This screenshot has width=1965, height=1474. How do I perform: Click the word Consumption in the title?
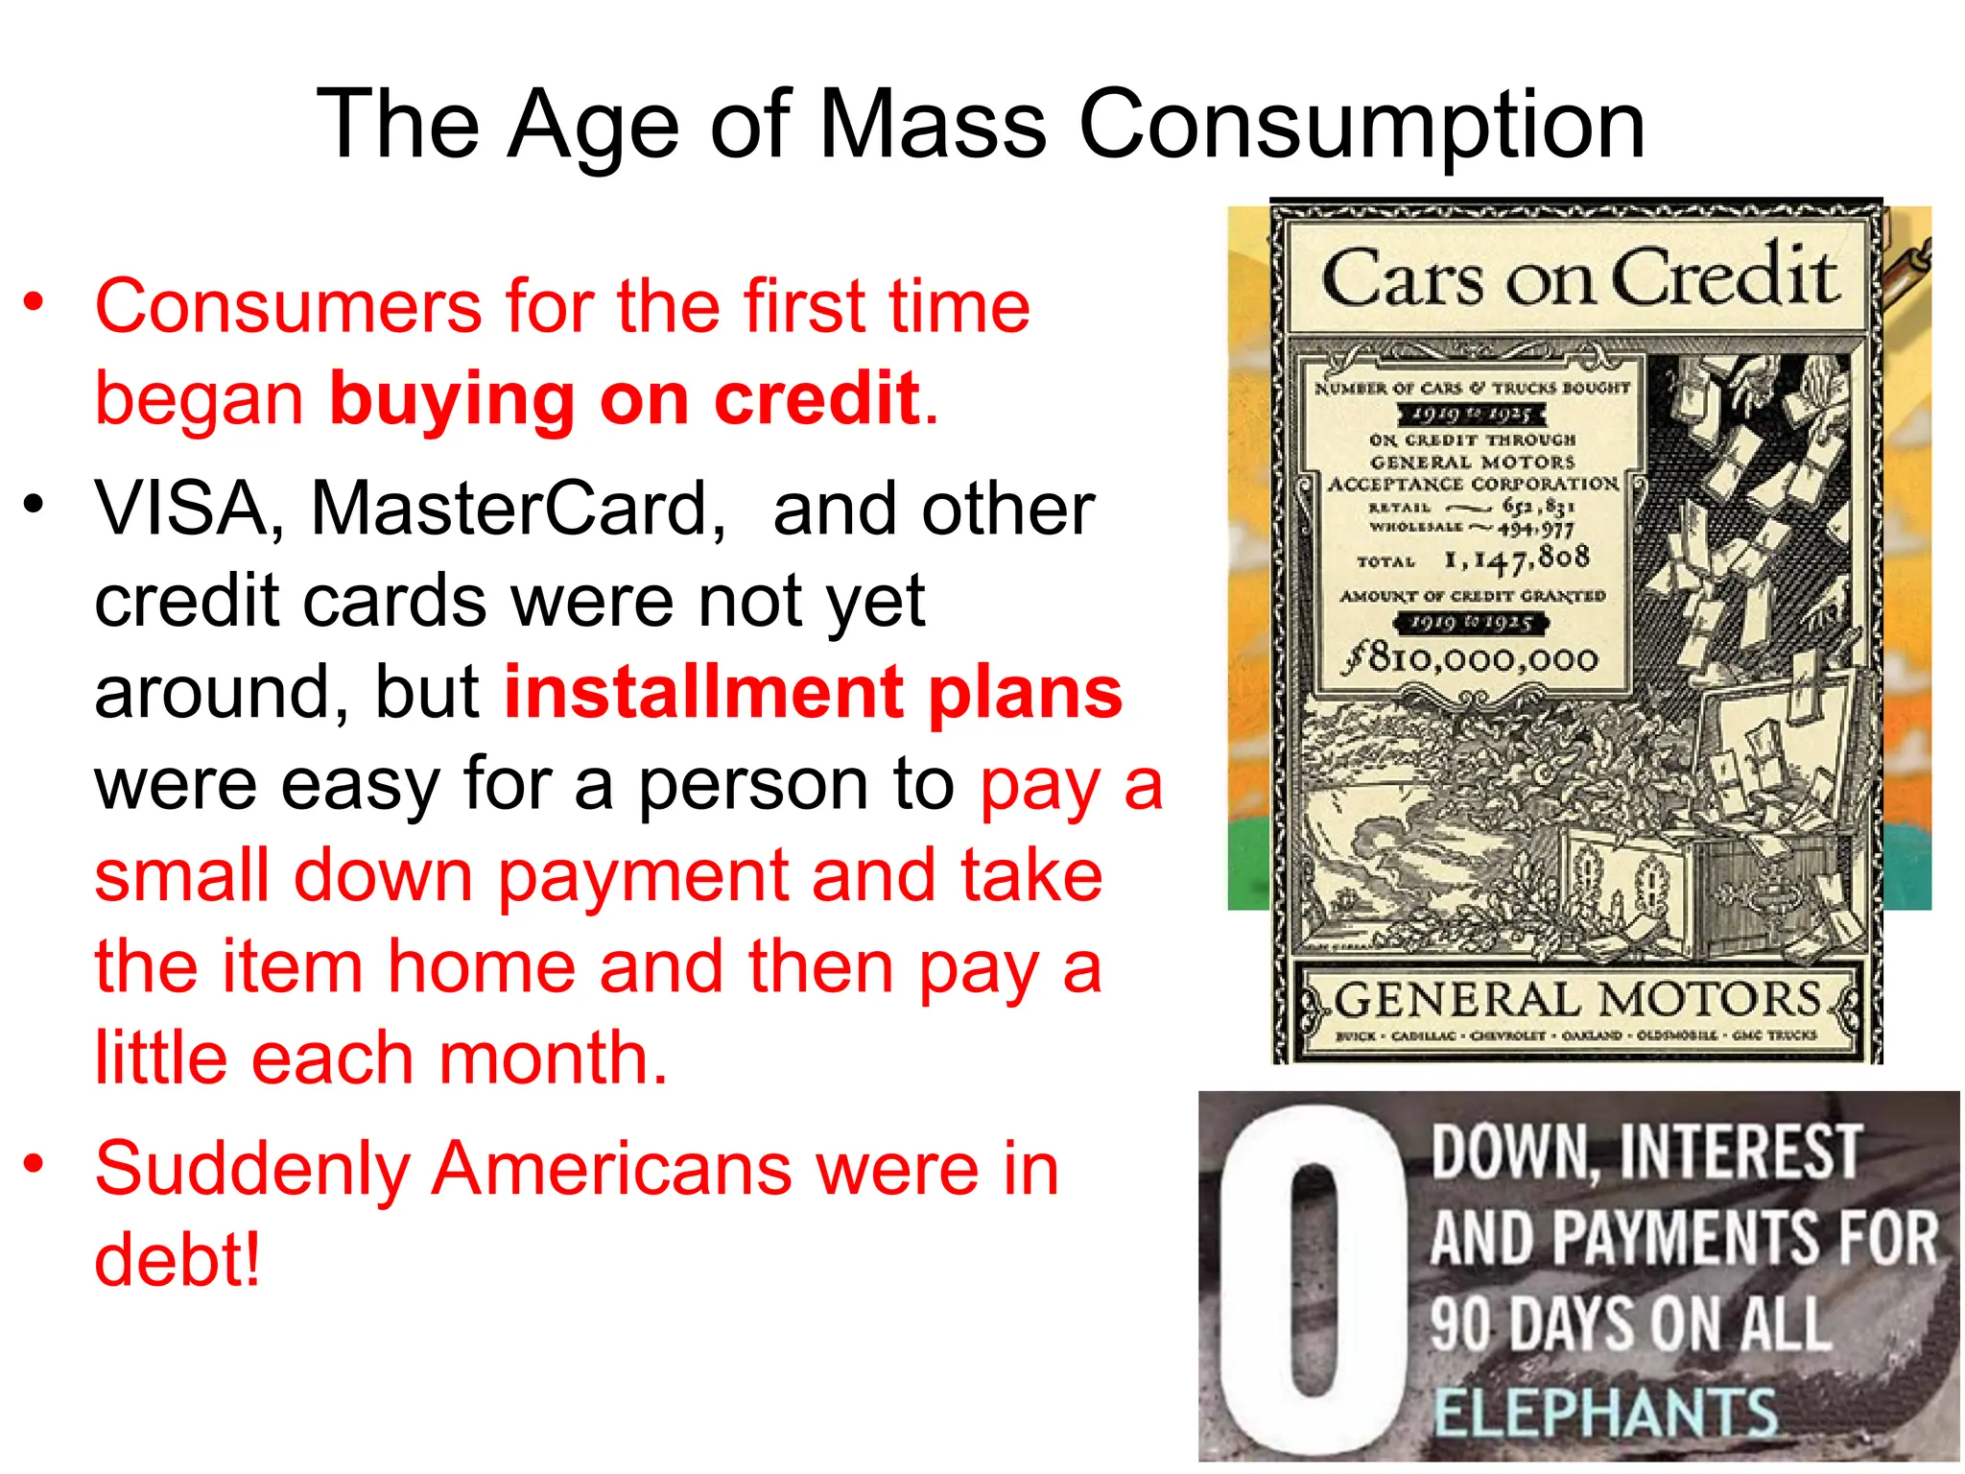click(x=1361, y=125)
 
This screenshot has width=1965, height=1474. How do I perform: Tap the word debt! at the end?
click(x=178, y=1260)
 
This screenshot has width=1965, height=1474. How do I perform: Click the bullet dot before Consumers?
click(x=35, y=303)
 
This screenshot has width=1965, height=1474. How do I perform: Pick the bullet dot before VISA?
click(x=35, y=505)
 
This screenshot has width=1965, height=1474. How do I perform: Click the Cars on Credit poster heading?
click(x=1578, y=278)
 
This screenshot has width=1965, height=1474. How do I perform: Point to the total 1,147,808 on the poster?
click(x=1516, y=559)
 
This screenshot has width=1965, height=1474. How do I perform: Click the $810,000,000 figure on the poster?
click(x=1473, y=658)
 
